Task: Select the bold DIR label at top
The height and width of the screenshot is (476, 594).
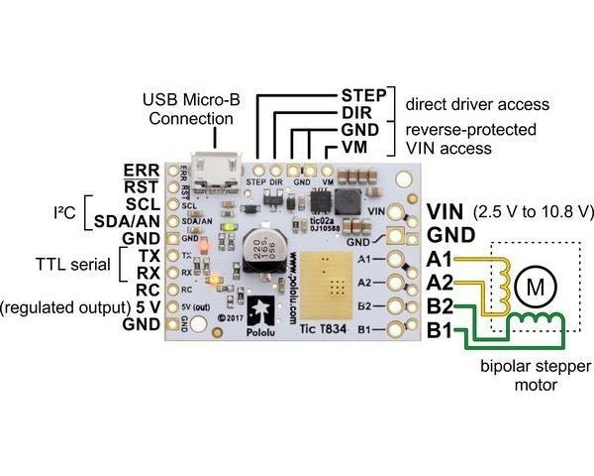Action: tap(362, 112)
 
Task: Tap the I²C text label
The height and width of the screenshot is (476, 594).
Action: tap(58, 211)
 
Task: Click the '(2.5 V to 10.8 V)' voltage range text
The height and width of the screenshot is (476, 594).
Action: tap(534, 211)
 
